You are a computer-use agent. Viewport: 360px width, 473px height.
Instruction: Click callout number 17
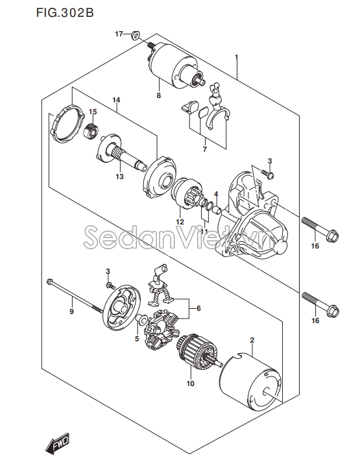[x=119, y=33]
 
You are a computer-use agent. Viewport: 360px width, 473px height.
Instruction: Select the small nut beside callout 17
[x=135, y=34]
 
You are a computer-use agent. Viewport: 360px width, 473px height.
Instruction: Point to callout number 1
[x=237, y=57]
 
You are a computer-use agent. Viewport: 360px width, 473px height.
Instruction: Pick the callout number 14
[x=117, y=100]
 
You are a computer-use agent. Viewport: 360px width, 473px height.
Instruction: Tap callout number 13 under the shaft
[x=119, y=176]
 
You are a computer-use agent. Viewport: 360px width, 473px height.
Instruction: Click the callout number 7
[x=204, y=149]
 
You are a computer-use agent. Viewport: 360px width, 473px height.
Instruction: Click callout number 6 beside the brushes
[x=198, y=308]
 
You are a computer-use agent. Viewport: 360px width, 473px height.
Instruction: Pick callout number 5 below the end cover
[x=137, y=338]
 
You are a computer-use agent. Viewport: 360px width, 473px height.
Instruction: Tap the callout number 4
[x=216, y=195]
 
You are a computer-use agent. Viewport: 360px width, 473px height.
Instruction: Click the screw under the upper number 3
[x=269, y=173]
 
